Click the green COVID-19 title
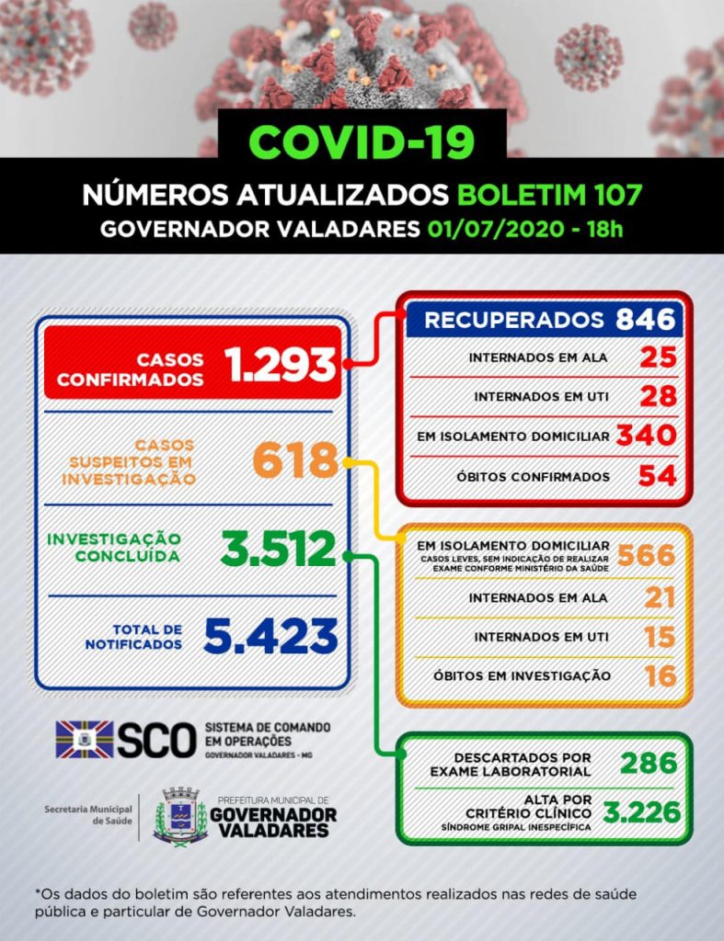(362, 142)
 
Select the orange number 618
(294, 459)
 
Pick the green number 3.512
(278, 549)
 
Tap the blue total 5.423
(270, 635)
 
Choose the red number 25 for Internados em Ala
(659, 357)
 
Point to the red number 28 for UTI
(659, 397)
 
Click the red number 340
(647, 436)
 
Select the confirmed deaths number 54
(659, 475)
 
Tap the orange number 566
(647, 555)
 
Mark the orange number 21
(660, 597)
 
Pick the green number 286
(649, 763)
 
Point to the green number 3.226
(641, 812)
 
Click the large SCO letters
(155, 740)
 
